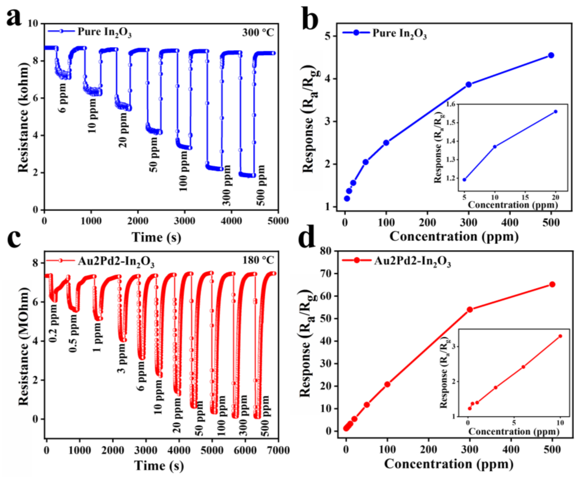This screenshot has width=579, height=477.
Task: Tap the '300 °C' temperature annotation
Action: pos(258,33)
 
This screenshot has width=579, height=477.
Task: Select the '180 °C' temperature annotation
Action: pos(258,260)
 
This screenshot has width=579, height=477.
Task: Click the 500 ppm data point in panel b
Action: pos(551,55)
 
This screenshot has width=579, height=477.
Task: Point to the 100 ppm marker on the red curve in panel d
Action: pos(387,384)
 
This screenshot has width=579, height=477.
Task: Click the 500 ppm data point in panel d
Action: pos(552,284)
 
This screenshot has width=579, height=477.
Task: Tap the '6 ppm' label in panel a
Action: pos(63,98)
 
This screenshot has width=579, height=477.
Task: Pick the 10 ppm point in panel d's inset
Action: pos(560,336)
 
